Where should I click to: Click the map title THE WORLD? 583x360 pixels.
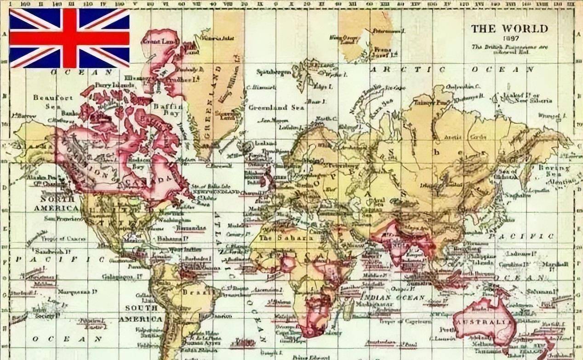click(509, 29)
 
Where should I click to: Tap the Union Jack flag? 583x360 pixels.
click(69, 38)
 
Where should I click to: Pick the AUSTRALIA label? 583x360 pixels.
click(482, 321)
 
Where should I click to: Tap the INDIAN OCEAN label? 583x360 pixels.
click(393, 297)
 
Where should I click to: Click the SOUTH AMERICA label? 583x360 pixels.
click(141, 313)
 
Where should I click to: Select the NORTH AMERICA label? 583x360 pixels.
click(53, 203)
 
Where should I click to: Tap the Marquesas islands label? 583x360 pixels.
click(81, 291)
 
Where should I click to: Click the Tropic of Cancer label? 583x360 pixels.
click(58, 238)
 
